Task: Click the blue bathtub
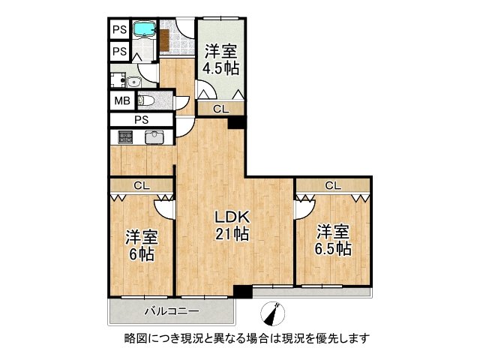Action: pyautogui.click(x=143, y=30)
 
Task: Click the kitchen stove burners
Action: pyautogui.click(x=124, y=137)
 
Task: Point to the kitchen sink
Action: pyautogui.click(x=154, y=137)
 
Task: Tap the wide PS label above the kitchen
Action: pyautogui.click(x=141, y=119)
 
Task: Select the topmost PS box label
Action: pyautogui.click(x=119, y=30)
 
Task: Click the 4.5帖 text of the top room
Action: pyautogui.click(x=220, y=68)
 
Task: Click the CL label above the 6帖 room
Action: pyautogui.click(x=140, y=185)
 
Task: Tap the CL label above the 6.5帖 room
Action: pyautogui.click(x=333, y=185)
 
